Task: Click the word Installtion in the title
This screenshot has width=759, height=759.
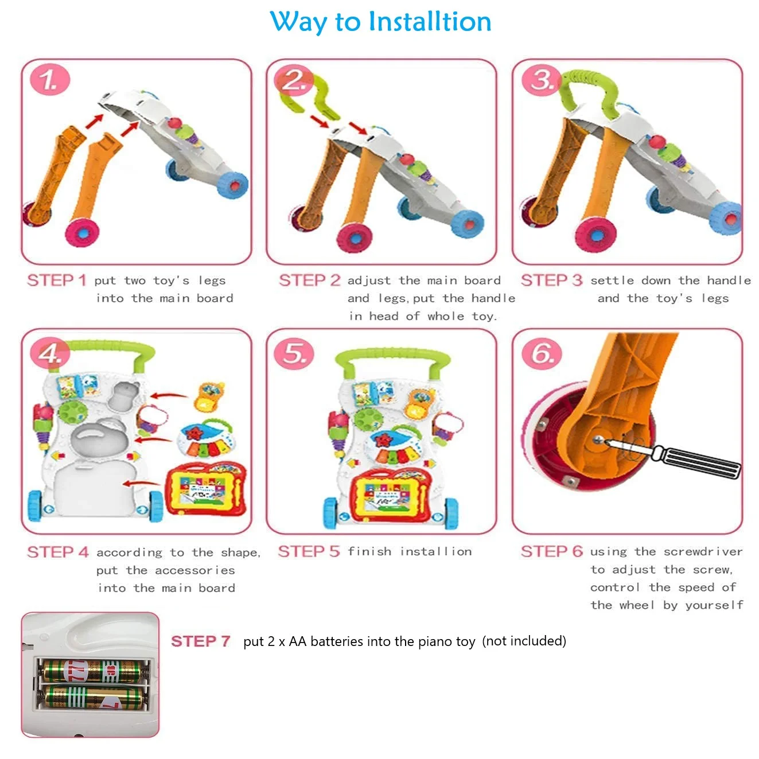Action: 430,21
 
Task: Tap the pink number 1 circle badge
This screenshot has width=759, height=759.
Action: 50,80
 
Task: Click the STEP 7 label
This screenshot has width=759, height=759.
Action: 200,641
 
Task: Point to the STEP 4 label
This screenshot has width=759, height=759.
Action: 57,552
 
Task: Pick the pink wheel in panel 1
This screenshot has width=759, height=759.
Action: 82,233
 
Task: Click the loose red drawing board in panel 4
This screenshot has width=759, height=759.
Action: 206,489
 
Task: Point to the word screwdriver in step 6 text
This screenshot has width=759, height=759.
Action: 703,551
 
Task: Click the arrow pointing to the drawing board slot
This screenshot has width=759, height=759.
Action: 141,483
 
